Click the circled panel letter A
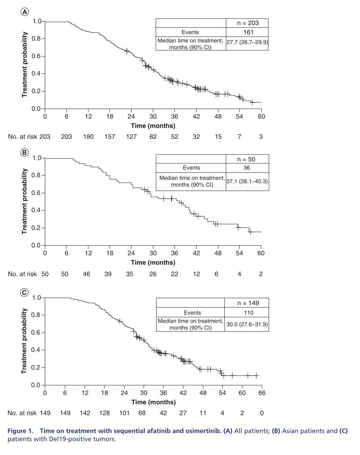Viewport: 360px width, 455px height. click(25, 12)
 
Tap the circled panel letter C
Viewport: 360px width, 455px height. click(25, 292)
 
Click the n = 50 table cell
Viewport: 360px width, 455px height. click(247, 159)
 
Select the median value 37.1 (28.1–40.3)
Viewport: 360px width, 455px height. click(247, 181)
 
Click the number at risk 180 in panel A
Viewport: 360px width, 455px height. click(88, 137)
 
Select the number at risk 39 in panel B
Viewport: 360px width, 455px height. click(108, 274)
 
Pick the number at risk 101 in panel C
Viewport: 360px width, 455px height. click(124, 413)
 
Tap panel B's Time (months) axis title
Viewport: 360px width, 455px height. click(153, 263)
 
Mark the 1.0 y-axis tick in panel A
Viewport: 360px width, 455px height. click(37, 21)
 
